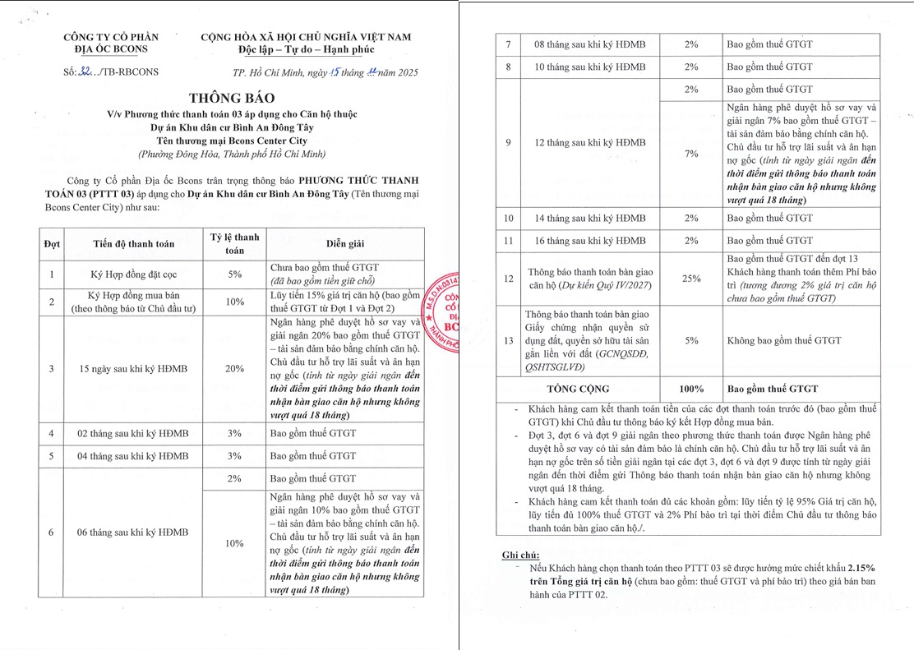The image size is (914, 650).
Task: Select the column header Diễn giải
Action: pyautogui.click(x=345, y=244)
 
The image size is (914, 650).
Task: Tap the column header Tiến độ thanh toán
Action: pyautogui.click(x=133, y=244)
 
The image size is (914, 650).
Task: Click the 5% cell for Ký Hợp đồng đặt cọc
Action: pyautogui.click(x=235, y=274)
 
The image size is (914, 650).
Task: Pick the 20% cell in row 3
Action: pyautogui.click(x=235, y=369)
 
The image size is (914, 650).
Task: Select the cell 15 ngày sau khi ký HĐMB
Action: pyautogui.click(x=133, y=369)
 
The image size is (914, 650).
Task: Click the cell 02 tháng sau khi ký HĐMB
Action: pyautogui.click(x=133, y=432)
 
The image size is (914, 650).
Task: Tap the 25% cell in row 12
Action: pyautogui.click(x=691, y=279)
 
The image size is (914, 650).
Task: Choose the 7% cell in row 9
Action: pyautogui.click(x=691, y=154)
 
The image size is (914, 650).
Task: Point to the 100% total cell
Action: pyautogui.click(x=691, y=389)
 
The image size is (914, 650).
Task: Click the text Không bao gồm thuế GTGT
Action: pyautogui.click(x=784, y=340)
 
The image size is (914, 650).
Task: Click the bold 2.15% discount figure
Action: pyautogui.click(x=857, y=568)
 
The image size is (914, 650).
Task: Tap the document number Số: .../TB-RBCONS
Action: pyautogui.click(x=110, y=72)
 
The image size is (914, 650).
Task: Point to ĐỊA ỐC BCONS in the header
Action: pyautogui.click(x=110, y=49)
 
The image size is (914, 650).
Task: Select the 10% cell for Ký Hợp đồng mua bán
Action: pyautogui.click(x=235, y=302)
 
